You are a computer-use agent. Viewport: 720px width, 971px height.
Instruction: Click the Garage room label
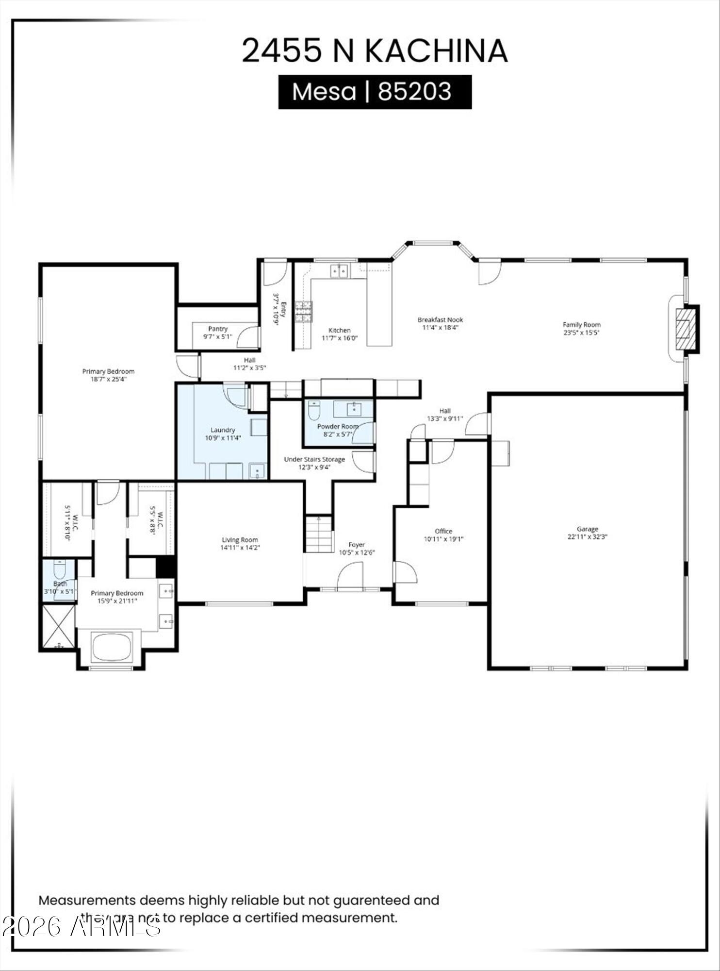point(587,529)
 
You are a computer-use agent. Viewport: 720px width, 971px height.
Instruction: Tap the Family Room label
point(581,324)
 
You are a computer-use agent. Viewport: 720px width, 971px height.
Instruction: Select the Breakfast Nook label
point(440,319)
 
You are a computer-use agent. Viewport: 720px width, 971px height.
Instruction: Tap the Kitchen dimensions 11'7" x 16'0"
point(340,338)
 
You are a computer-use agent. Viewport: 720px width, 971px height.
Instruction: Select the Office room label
point(443,531)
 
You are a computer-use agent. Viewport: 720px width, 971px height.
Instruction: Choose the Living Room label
point(240,539)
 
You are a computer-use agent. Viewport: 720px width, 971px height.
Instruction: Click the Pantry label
point(218,329)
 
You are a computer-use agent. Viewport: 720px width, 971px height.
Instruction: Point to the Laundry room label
point(223,430)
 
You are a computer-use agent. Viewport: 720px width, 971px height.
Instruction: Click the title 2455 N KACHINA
point(375,50)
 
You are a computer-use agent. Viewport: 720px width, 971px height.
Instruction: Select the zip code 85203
point(415,91)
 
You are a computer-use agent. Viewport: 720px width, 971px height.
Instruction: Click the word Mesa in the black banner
point(324,91)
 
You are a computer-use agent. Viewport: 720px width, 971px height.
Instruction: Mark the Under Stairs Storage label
point(314,459)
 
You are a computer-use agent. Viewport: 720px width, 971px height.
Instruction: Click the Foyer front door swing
point(350,577)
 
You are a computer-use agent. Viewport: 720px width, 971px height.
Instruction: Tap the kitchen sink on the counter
point(340,270)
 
